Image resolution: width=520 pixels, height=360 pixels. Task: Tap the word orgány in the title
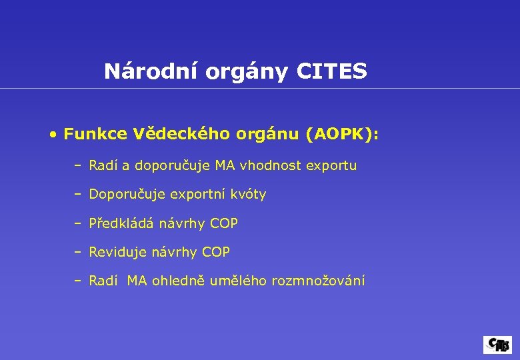(246, 72)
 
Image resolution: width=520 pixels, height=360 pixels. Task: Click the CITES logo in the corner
(497, 345)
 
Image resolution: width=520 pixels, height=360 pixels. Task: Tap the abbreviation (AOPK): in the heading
(341, 135)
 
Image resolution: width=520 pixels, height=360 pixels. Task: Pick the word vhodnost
(275, 165)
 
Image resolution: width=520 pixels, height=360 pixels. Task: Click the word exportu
(331, 166)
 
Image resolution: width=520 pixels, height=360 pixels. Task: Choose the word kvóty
(247, 195)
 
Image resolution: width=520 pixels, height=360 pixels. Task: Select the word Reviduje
(117, 252)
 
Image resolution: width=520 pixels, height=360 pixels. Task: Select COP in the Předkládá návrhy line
(223, 223)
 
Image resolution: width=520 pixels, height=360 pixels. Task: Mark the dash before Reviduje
(78, 252)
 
